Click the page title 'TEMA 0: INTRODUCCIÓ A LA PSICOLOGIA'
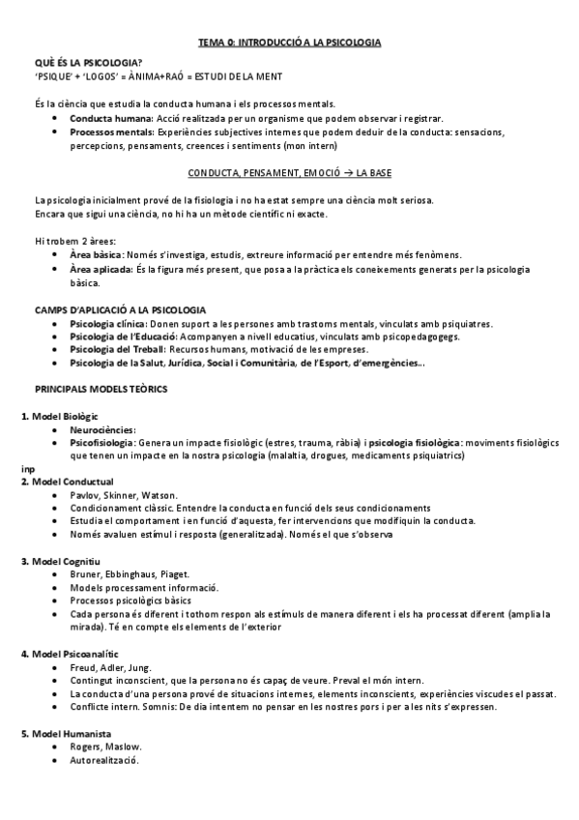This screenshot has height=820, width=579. [290, 44]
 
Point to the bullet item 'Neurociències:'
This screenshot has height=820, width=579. [102, 428]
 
